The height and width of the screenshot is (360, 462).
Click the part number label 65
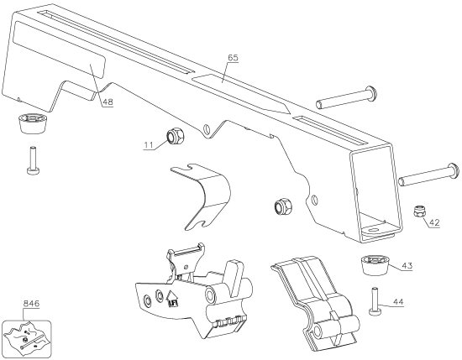(233, 57)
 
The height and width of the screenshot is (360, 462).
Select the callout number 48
(108, 102)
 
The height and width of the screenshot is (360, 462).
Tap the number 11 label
(149, 145)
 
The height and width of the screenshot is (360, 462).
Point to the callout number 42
(434, 222)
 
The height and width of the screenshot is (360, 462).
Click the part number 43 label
(407, 266)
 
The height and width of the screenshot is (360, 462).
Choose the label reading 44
(398, 302)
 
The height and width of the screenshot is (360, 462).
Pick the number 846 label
(31, 304)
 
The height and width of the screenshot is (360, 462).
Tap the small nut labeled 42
(418, 211)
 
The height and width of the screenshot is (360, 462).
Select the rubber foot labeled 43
(375, 265)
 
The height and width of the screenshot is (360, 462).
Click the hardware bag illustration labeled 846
(27, 337)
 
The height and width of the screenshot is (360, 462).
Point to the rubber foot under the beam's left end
(32, 124)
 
